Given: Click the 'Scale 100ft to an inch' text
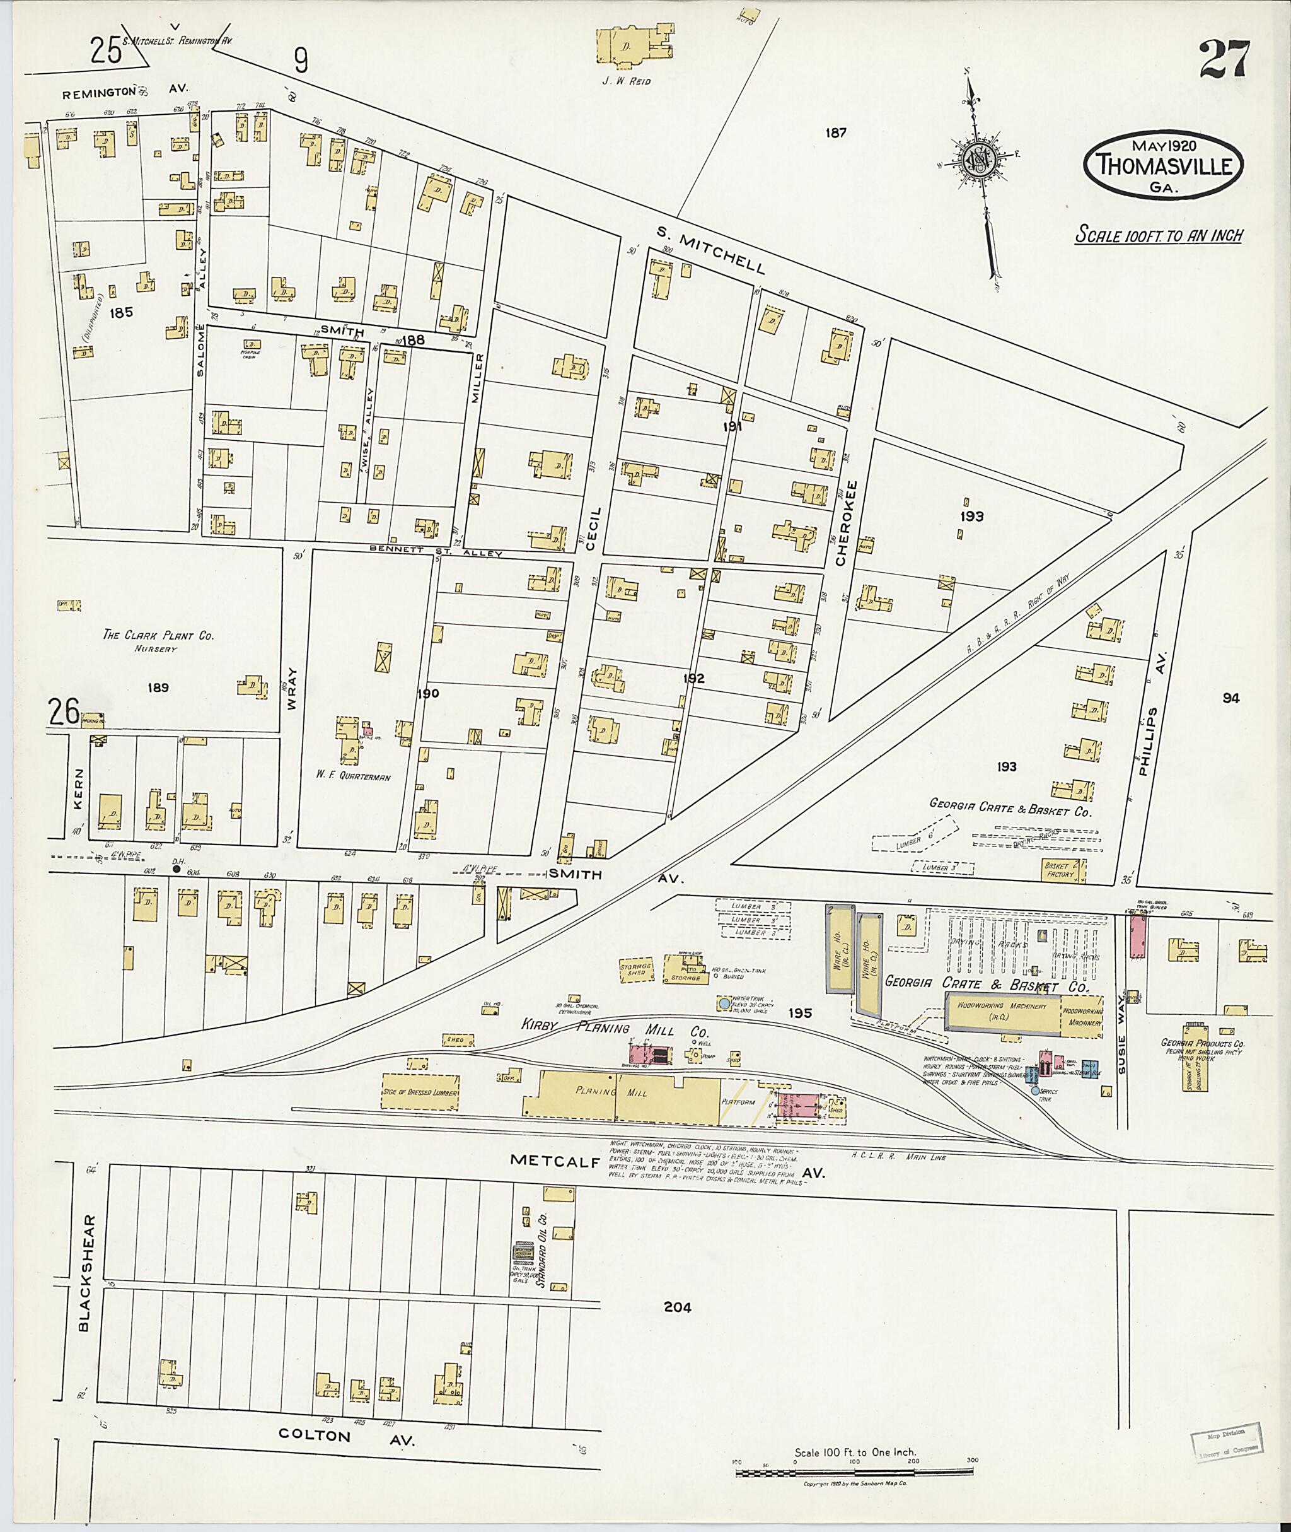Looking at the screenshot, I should pyautogui.click(x=1159, y=235).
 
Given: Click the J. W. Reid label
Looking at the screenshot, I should pyautogui.click(x=626, y=81).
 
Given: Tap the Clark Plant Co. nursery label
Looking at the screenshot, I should pyautogui.click(x=158, y=636).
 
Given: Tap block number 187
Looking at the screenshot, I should pyautogui.click(x=835, y=132).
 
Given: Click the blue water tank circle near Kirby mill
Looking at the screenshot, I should pyautogui.click(x=724, y=1003).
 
